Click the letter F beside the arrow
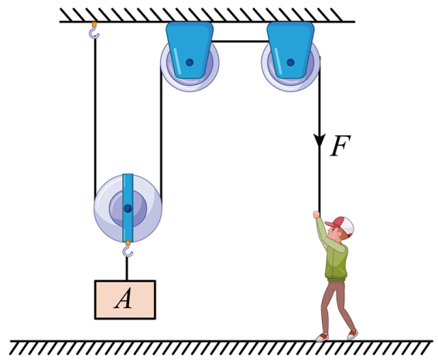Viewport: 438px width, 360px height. pos(340,146)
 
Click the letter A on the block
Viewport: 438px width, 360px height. pos(123,299)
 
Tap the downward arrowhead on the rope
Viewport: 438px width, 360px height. pos(320,140)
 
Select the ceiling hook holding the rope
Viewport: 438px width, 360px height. pos(94,30)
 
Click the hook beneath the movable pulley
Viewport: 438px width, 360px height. pos(128,249)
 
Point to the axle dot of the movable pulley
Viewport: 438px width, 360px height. pos(128,208)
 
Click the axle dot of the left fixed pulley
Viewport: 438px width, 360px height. pos(190,62)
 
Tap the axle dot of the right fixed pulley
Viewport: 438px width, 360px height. pos(290,62)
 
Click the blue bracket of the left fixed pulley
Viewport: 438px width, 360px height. pos(190,50)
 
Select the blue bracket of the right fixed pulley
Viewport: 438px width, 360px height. pos(290,50)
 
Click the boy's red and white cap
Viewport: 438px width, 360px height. pos(340,225)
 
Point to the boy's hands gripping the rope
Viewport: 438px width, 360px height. pos(317,214)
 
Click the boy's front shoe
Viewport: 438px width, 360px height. pos(322,337)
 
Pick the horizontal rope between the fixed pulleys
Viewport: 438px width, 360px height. pos(240,41)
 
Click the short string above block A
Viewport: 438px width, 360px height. pos(127,269)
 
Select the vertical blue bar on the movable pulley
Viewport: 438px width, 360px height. pos(128,207)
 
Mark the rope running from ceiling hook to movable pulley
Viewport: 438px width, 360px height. pos(95,115)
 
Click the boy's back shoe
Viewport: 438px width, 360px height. pos(353,334)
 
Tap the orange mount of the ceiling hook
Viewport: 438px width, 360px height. pos(94,24)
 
